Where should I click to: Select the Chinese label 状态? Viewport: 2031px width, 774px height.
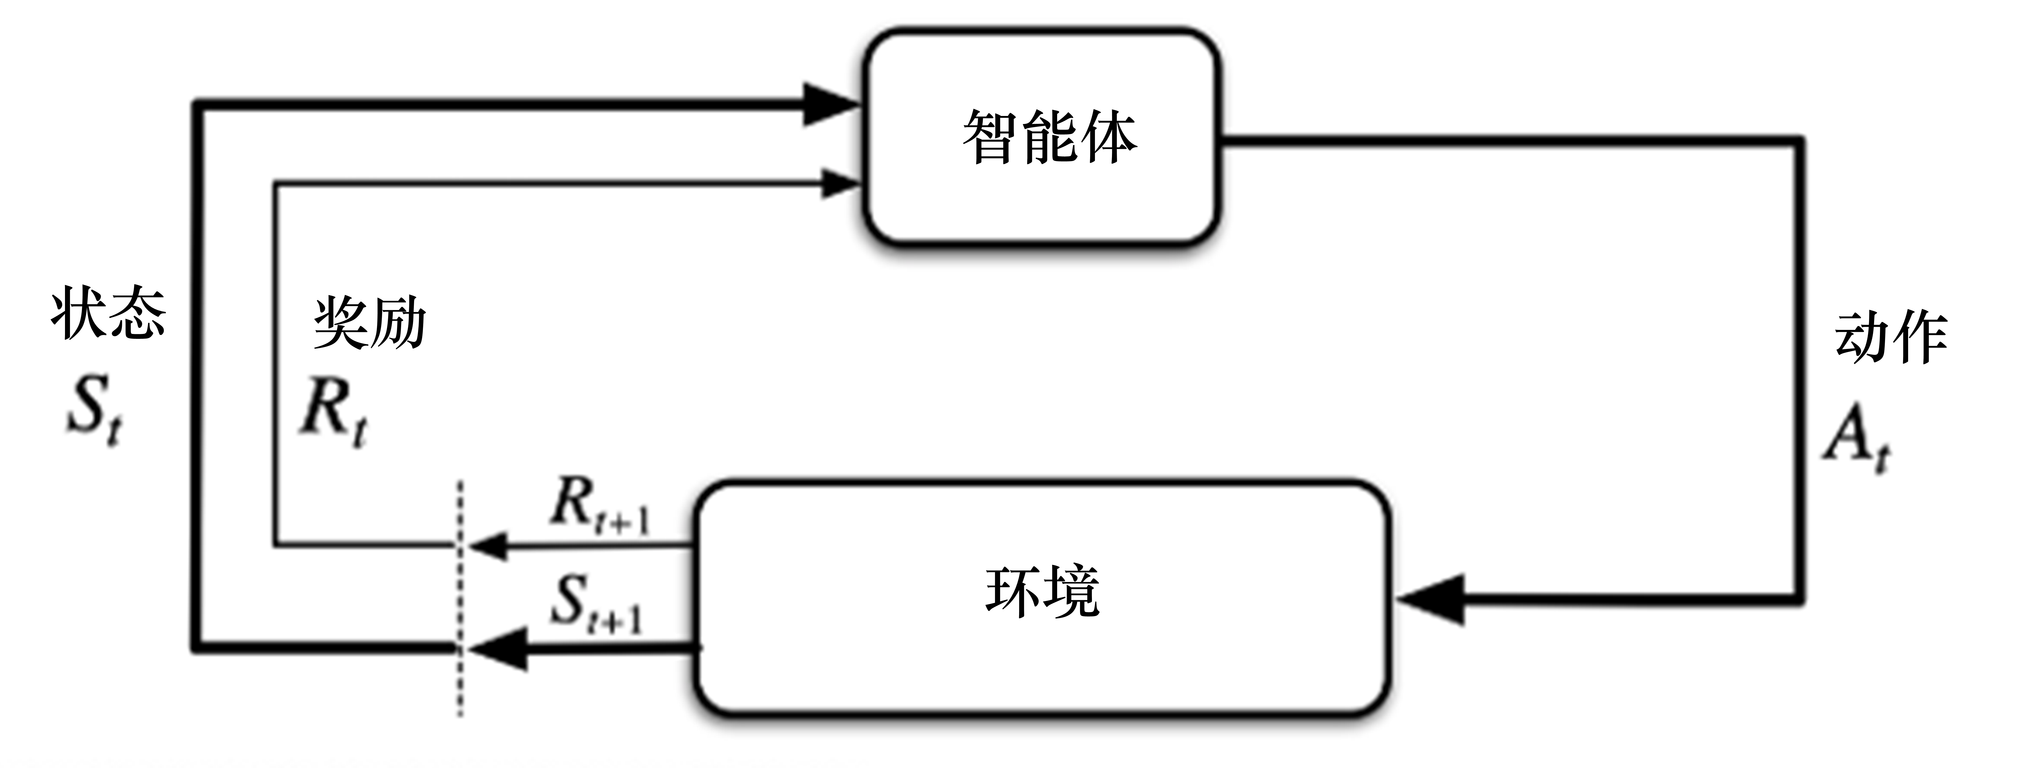[x=108, y=314]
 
